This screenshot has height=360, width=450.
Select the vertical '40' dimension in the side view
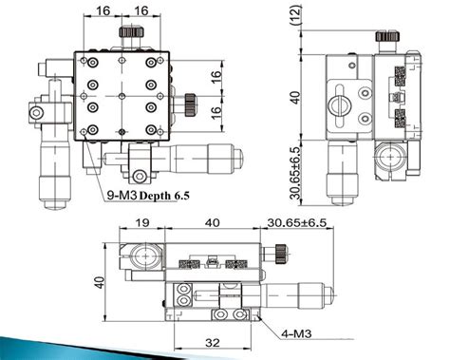(296, 98)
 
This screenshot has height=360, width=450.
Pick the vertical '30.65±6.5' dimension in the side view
(296, 172)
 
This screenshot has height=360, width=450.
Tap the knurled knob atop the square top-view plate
(127, 36)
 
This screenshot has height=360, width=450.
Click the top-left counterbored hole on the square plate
(92, 63)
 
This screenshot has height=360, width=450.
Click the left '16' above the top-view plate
(103, 11)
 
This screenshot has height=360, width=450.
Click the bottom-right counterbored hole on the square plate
(152, 129)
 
